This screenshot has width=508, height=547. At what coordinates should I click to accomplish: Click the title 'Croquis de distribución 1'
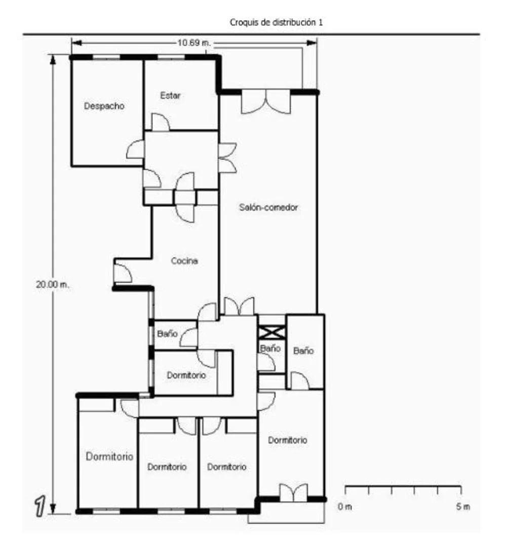coord(276,22)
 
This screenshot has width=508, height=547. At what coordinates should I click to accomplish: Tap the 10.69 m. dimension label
coord(194,43)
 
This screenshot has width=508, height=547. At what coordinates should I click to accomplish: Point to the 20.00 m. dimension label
coord(53,284)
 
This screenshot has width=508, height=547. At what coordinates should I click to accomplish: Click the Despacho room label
coord(104,106)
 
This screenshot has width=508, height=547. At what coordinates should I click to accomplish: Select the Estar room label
coord(170,95)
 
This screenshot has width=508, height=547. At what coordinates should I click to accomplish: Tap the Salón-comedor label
coord(268,207)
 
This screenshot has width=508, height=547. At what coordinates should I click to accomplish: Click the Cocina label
coord(185,261)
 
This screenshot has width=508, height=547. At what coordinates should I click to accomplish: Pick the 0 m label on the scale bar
coord(344,506)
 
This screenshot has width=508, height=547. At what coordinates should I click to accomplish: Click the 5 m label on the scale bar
coord(463,506)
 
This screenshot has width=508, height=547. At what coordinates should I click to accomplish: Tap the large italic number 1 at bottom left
coord(40,506)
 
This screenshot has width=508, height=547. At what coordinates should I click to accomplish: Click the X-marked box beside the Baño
coord(272,332)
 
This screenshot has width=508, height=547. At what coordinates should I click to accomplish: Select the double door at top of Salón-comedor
coord(266,102)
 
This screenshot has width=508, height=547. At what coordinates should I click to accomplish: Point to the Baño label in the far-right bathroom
coord(303,351)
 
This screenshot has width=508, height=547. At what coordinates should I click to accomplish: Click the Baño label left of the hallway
coord(168,334)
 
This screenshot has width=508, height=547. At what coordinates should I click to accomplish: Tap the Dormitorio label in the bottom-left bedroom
coord(109,457)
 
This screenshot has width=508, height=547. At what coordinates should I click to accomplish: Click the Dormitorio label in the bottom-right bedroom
coord(288,440)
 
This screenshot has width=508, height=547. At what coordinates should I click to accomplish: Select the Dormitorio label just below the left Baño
coord(186,375)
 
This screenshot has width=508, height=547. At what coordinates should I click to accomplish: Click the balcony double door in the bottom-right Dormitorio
coord(294,492)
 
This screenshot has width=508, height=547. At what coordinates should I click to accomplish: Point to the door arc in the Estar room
coord(161,122)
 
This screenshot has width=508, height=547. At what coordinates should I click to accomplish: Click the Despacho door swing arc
coord(135,150)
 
